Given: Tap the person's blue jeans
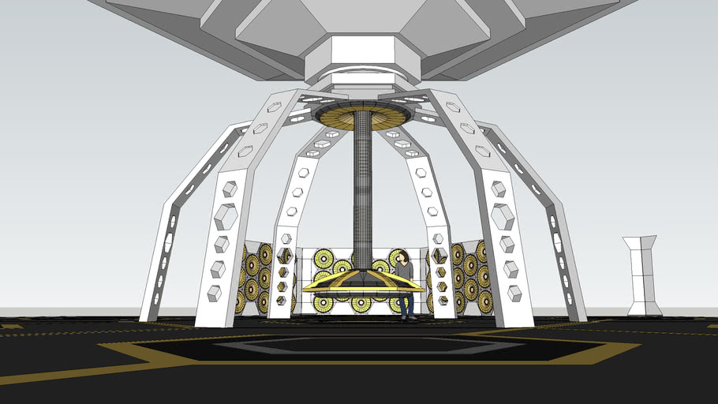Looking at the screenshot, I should pos(406,303).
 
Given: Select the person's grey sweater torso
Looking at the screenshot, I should pos(404,275).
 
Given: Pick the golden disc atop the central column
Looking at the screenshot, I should pos(362,116).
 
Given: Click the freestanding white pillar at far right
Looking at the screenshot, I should pos(643,276).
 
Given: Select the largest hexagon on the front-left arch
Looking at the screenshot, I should pos(226,215).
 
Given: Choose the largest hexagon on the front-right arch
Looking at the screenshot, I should pos(503,215).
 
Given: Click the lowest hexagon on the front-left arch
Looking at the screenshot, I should pos(214,294).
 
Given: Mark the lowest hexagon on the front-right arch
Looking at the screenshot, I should pos(514,293).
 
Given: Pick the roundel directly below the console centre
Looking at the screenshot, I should pos(361,302).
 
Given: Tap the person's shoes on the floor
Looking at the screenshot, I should pos(408,318).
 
